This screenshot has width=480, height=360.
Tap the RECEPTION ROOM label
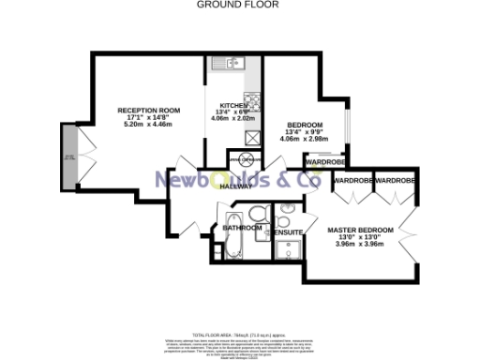[142, 111]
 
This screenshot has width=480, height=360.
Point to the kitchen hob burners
[252, 99]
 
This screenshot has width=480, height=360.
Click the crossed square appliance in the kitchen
[251, 137]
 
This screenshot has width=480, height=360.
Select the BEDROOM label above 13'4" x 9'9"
[305, 126]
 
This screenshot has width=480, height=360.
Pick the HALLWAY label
[236, 187]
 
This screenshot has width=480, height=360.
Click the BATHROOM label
[242, 227]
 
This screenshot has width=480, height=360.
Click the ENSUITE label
[286, 232]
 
